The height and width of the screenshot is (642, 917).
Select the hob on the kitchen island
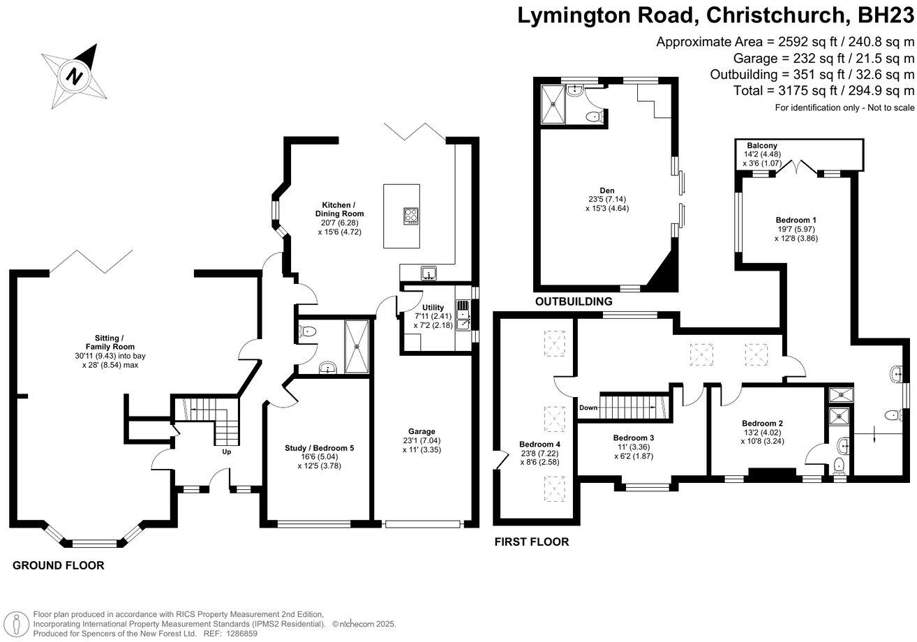click(x=411, y=216)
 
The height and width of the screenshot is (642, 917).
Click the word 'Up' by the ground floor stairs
click(x=226, y=451)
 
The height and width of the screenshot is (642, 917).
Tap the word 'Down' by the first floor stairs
click(x=588, y=407)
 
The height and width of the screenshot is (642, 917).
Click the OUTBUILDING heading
click(x=573, y=302)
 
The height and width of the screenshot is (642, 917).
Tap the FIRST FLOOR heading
click(x=531, y=542)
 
